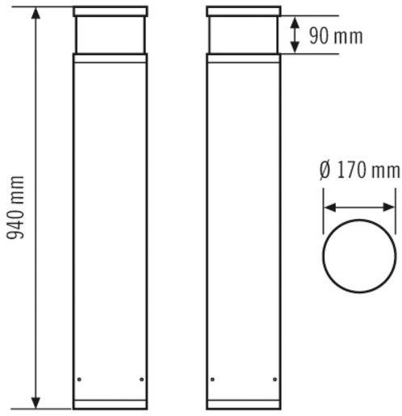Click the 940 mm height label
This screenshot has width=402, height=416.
[16, 208]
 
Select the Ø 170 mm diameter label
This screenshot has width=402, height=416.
[358, 171]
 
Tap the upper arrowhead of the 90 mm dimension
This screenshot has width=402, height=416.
[295, 23]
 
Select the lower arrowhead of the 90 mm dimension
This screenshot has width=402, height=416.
[295, 48]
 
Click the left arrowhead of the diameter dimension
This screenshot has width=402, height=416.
[329, 207]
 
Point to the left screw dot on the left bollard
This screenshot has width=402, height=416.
[78, 380]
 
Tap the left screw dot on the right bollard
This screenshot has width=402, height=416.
[211, 380]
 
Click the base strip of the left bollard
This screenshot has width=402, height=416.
[110, 403]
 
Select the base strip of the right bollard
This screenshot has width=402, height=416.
[243, 403]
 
